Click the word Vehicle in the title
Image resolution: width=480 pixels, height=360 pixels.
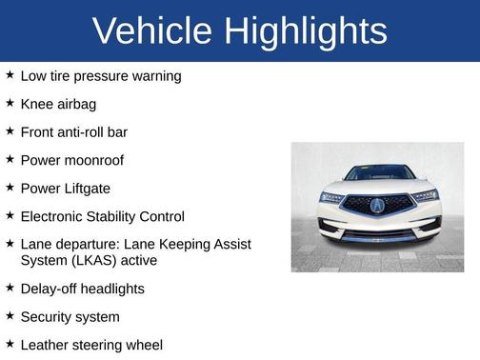click(150, 31)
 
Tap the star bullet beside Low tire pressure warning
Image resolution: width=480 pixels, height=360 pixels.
click(10, 74)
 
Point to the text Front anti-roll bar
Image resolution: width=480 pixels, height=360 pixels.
click(73, 131)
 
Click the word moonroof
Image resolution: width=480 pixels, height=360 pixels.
click(92, 160)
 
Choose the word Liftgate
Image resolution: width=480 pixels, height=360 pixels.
click(92, 189)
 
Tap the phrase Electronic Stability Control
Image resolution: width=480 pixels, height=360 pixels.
click(102, 217)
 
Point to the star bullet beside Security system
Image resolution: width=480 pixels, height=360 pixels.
click(10, 315)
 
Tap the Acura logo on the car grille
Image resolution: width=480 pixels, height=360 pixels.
click(377, 206)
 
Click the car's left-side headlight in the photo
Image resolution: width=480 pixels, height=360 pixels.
click(332, 197)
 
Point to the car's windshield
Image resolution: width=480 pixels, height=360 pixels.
click(378, 173)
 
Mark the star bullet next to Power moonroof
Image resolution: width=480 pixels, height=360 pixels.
click(10, 159)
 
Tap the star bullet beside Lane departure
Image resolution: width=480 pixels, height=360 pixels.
click(10, 244)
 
